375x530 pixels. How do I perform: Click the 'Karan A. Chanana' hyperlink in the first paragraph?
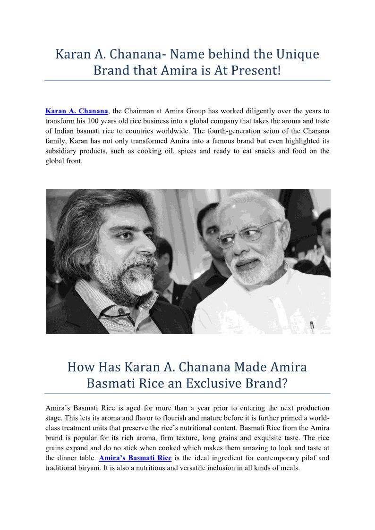pyautogui.click(x=77, y=111)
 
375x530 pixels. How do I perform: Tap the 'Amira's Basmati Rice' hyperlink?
pyautogui.click(x=135, y=458)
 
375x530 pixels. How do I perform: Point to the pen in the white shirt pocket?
pyautogui.click(x=311, y=326)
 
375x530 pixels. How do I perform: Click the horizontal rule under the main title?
pyautogui.click(x=187, y=81)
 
